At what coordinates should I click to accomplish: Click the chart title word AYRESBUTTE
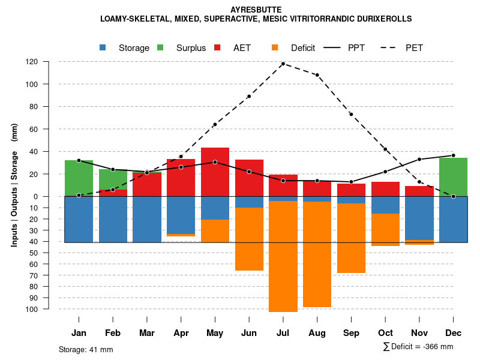(x=256, y=10)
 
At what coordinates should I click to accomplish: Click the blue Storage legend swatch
(x=103, y=47)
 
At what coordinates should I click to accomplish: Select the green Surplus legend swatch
(x=161, y=47)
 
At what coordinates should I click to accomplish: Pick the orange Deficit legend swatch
(x=275, y=47)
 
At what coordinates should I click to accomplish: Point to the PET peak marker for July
(x=283, y=64)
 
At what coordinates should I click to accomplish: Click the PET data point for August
(x=317, y=75)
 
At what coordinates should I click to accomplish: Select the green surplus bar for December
(x=454, y=177)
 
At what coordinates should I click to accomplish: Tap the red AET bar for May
(x=215, y=172)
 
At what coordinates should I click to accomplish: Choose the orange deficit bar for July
(x=283, y=256)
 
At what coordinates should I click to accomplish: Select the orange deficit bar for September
(x=351, y=238)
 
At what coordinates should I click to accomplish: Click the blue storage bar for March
(x=147, y=219)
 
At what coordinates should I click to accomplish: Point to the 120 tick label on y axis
(x=49, y=62)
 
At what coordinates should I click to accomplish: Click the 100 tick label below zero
(x=49, y=309)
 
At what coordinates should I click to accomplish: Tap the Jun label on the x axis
(x=249, y=333)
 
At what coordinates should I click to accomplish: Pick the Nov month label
(x=419, y=333)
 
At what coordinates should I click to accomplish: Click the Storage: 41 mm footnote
(x=86, y=349)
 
